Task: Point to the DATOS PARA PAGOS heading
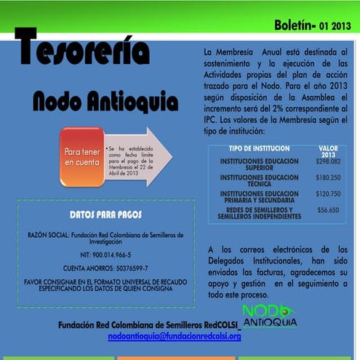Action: point(105,215)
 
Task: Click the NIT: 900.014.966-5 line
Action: point(105,255)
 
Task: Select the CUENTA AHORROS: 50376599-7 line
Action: point(105,268)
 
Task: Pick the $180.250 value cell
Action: point(329,177)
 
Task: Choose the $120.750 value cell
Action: point(329,194)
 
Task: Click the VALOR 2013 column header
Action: point(329,151)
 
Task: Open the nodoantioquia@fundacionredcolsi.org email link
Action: point(174,337)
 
